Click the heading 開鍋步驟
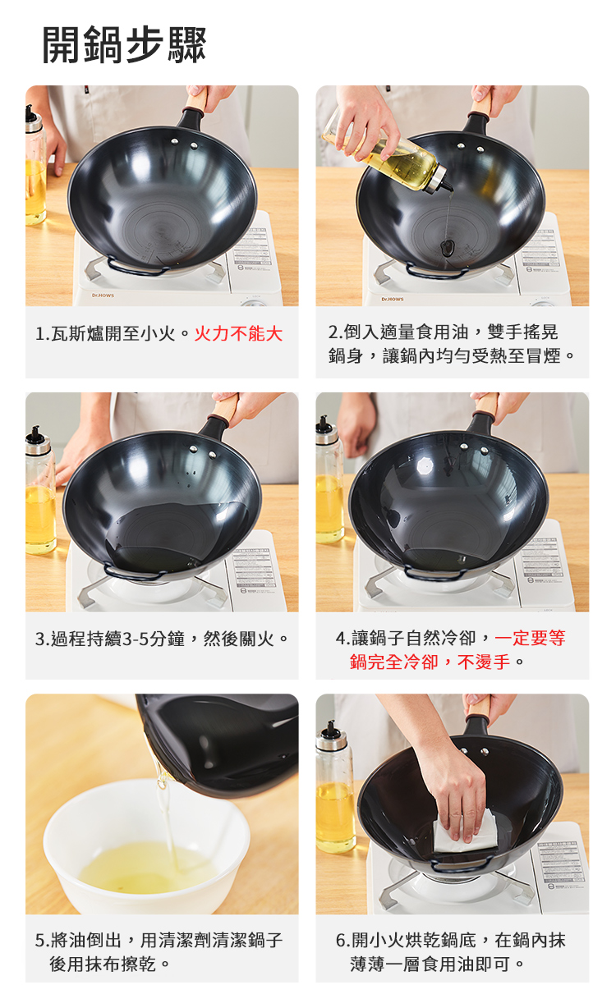pos(124,44)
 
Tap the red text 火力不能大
pos(238,334)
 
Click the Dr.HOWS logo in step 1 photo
pos(103,295)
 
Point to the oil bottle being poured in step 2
pos(386,153)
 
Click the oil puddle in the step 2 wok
pos(447,249)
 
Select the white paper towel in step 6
pos(466,830)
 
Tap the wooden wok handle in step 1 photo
pos(196,101)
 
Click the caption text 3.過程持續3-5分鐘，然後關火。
pos(162,639)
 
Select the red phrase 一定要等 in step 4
pos(530,638)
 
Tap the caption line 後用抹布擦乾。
pos(109,964)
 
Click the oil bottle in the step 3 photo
pos(39,490)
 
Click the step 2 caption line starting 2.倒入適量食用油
pos(443,332)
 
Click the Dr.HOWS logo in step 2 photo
pos(393,299)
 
